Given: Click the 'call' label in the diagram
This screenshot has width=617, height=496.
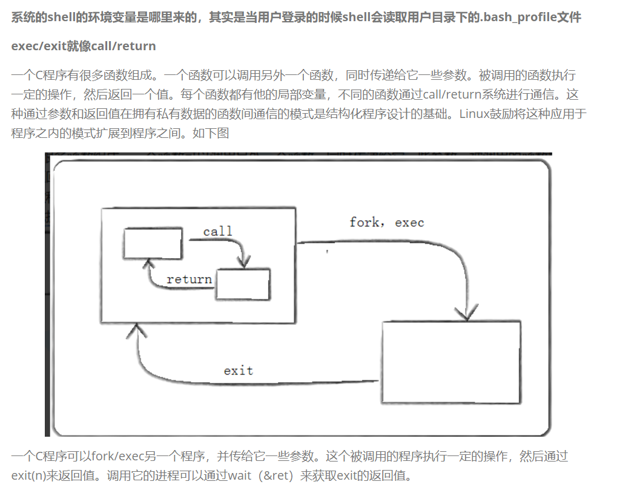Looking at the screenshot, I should [217, 231].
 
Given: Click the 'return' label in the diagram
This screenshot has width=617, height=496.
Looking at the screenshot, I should [189, 279].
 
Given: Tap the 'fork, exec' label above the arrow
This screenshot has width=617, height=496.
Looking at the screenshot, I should [386, 222].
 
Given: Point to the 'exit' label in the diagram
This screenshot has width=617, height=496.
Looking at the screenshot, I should [238, 370].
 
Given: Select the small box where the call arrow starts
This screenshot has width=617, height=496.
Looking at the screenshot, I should [152, 243].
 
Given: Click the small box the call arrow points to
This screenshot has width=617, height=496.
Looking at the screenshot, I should [243, 284].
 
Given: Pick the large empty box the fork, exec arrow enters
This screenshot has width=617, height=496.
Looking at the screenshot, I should [451, 362].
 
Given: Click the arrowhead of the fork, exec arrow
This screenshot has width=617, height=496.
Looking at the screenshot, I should [466, 313].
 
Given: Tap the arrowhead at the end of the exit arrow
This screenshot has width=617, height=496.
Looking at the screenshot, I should [137, 330].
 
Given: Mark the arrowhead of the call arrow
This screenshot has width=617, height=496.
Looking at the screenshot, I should [244, 263].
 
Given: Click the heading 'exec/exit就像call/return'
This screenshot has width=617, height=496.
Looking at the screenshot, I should [83, 46].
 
